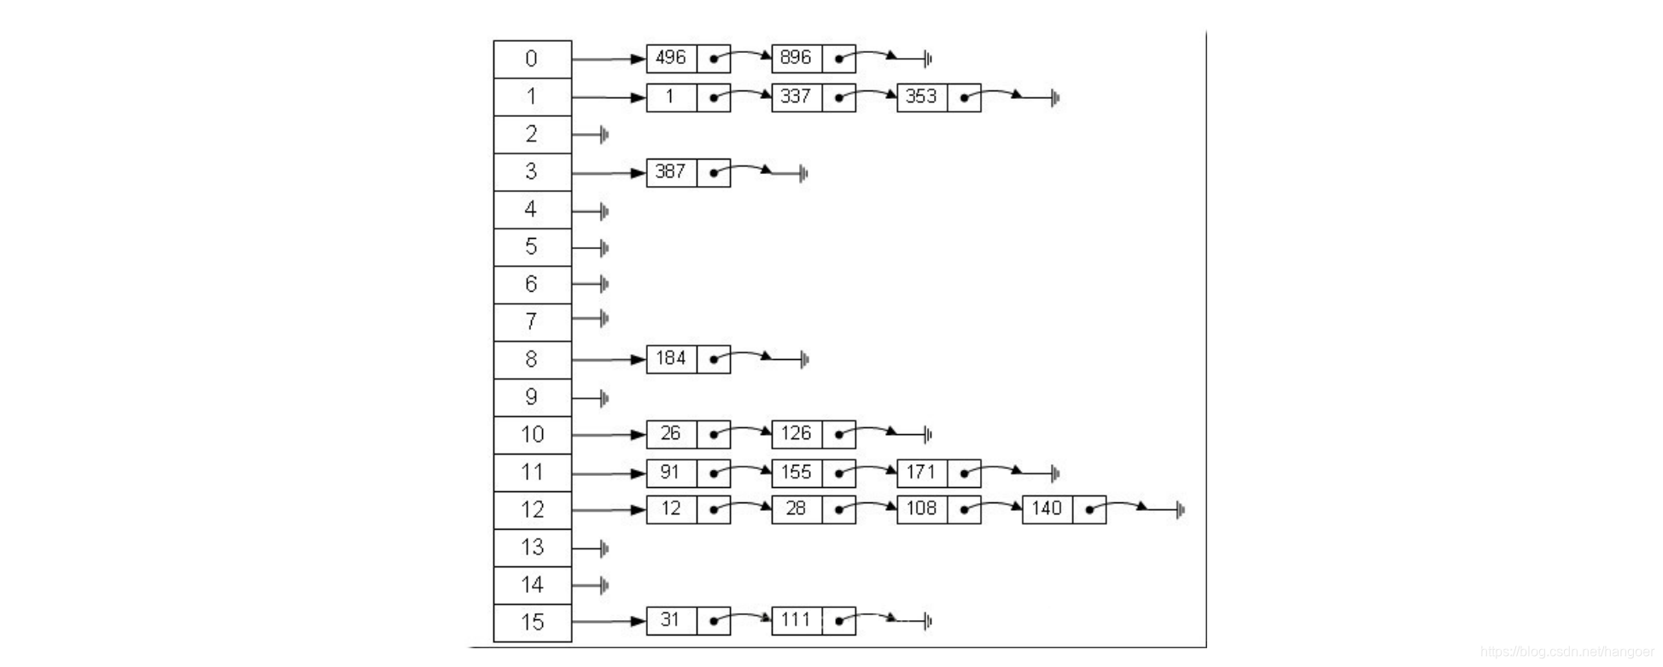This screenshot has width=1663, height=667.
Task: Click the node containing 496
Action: pos(671,58)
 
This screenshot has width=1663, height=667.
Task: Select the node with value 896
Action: pos(796,58)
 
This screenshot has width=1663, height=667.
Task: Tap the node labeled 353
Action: pos(921,97)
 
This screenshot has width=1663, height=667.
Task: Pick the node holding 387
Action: pos(671,172)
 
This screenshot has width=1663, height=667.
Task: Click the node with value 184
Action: pos(671,359)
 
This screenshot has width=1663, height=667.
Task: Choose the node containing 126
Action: pos(796,434)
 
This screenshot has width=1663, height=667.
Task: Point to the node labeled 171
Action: pos(921,473)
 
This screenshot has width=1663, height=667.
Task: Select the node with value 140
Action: pos(1047,509)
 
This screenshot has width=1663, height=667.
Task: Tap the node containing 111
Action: pos(796,620)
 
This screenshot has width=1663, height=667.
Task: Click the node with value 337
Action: pos(796,97)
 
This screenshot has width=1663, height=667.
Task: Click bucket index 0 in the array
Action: pos(532,59)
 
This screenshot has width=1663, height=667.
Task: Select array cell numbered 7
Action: pos(532,322)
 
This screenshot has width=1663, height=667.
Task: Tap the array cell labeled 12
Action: pos(532,509)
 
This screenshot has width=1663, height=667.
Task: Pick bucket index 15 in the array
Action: pos(532,622)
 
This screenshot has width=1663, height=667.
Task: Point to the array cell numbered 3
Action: pos(532,171)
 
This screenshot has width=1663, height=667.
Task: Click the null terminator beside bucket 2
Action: pos(604,135)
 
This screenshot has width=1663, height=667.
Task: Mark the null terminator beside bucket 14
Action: pos(604,585)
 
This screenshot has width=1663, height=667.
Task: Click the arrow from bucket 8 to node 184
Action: pos(608,360)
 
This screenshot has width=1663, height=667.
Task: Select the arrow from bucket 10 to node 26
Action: pos(608,435)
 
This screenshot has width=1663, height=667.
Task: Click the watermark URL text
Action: pos(1567,652)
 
